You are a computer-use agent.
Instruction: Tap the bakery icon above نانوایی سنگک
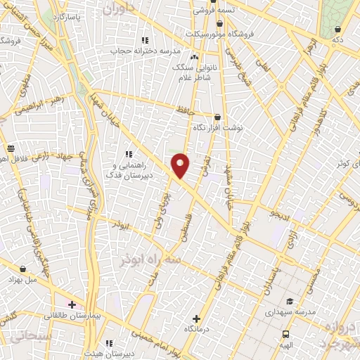point(194,57)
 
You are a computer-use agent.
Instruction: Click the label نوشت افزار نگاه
point(217,129)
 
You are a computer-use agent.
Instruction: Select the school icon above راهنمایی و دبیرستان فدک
point(128,153)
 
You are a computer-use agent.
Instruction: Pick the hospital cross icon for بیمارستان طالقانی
point(72,304)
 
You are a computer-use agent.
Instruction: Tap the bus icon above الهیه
point(285,333)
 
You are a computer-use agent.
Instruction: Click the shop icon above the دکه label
point(337,29)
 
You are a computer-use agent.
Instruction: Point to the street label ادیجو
point(281,212)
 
